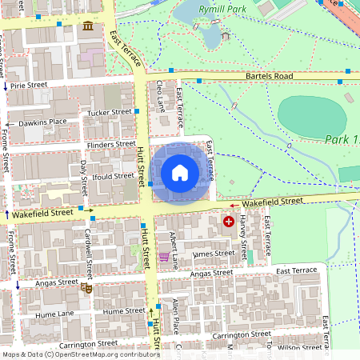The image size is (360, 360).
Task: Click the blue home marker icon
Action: (180, 172)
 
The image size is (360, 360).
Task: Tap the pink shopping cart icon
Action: (164, 257)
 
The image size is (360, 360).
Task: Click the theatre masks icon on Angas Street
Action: (87, 288)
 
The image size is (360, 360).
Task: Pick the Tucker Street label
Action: (110, 112)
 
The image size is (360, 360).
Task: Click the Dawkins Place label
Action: (43, 122)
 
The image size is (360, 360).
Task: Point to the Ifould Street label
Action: (113, 175)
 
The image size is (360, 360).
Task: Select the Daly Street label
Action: (84, 177)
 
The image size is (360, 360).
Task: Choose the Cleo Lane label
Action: (160, 94)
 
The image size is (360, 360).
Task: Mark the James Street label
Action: (214, 254)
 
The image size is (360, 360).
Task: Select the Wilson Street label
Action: (300, 347)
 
